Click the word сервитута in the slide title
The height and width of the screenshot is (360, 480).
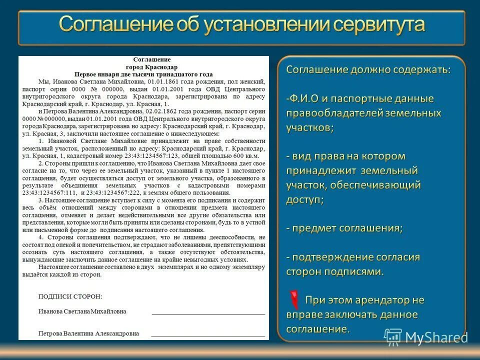pyautogui.click(x=376, y=25)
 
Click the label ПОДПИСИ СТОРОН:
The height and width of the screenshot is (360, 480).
pyautogui.click(x=70, y=296)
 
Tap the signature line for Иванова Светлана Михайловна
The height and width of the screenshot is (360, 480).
pyautogui.click(x=208, y=313)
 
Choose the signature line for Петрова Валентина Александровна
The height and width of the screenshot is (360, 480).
pyautogui.click(x=208, y=335)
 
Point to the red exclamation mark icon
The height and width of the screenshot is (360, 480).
pyautogui.click(x=295, y=299)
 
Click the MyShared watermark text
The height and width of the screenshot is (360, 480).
pyautogui.click(x=436, y=337)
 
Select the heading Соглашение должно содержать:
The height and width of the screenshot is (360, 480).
pyautogui.click(x=368, y=69)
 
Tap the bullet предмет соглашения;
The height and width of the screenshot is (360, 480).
pyautogui.click(x=345, y=228)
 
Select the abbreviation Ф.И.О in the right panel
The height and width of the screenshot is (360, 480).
pyautogui.click(x=307, y=98)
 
